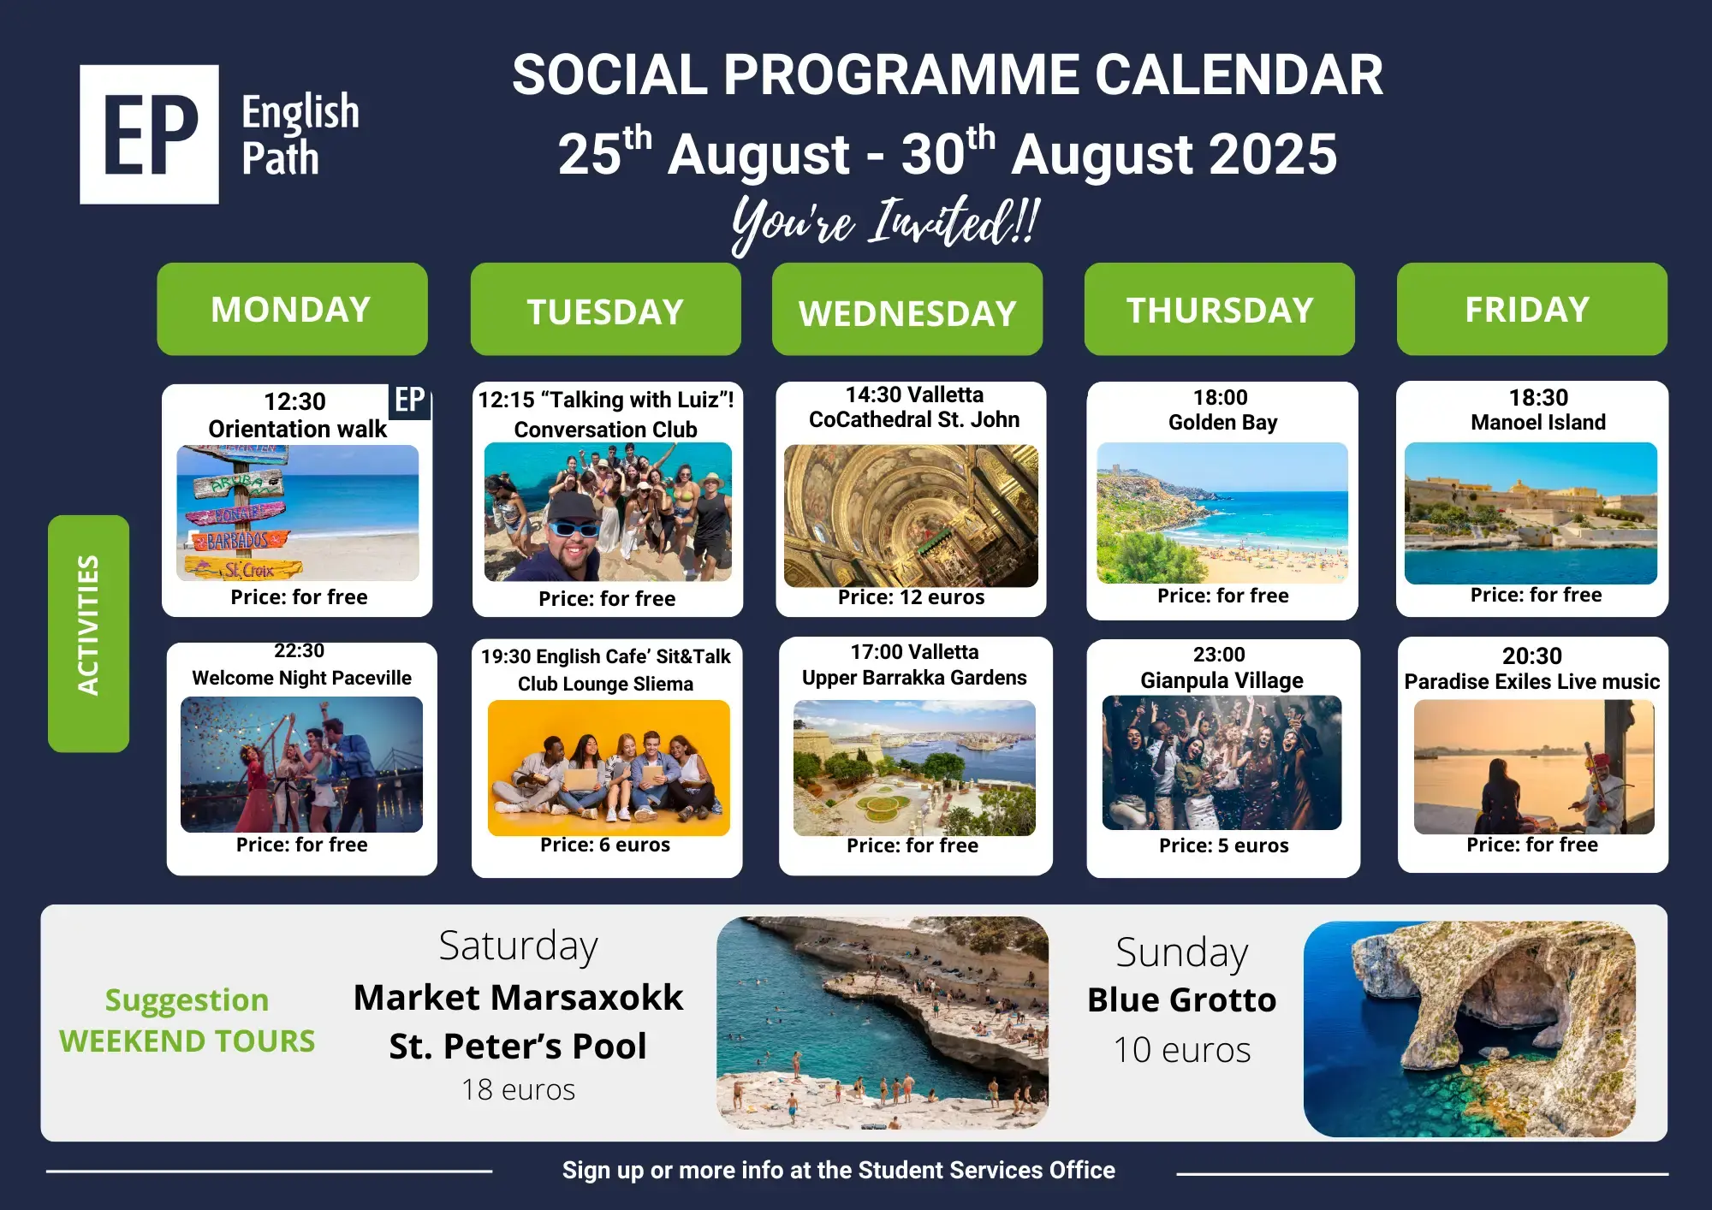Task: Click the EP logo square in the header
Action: pos(149,134)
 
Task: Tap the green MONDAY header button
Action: pos(292,309)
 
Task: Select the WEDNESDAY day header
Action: pos(907,309)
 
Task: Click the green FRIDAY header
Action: pos(1532,309)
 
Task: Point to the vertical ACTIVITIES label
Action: pos(88,633)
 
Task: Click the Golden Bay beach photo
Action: pos(1222,513)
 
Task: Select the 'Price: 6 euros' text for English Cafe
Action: pos(605,845)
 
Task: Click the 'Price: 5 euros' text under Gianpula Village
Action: pos(1223,845)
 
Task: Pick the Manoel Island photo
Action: pos(1531,513)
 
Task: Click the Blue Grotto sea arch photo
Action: pos(1470,1029)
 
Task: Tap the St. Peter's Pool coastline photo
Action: pos(883,1023)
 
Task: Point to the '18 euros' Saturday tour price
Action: pos(518,1089)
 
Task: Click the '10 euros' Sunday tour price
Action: pos(1182,1050)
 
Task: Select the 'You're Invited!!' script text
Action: pos(886,222)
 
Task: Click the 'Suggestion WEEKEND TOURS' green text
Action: pos(187,1020)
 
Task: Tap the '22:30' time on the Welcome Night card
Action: pos(299,651)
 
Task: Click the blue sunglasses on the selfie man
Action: pos(574,528)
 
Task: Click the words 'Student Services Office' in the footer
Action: pos(986,1170)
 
